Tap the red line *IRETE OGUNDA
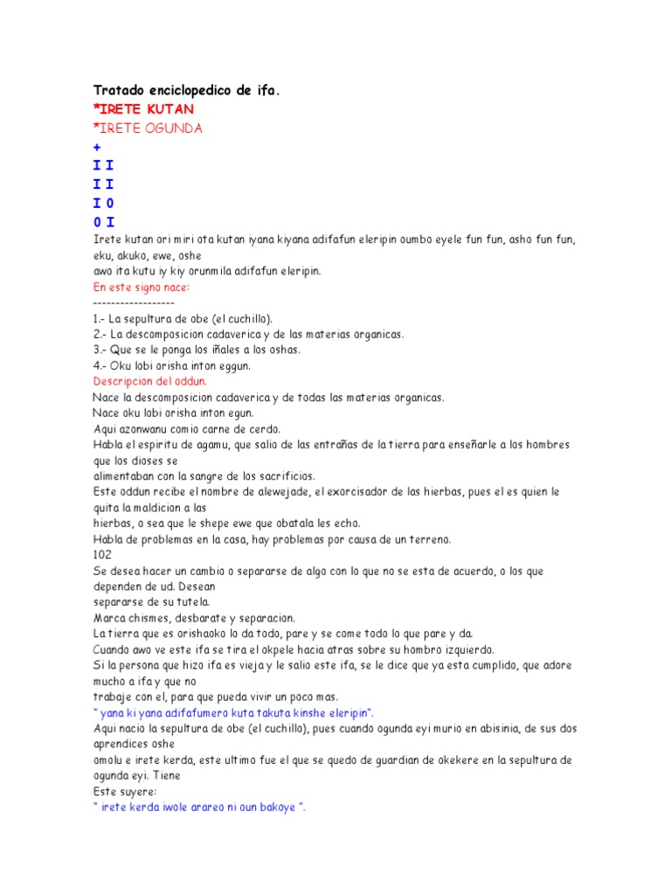[x=148, y=128]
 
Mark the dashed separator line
[x=133, y=302]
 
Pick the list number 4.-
[x=100, y=365]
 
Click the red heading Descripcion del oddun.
[x=149, y=381]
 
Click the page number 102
[x=101, y=554]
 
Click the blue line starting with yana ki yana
[x=233, y=711]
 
